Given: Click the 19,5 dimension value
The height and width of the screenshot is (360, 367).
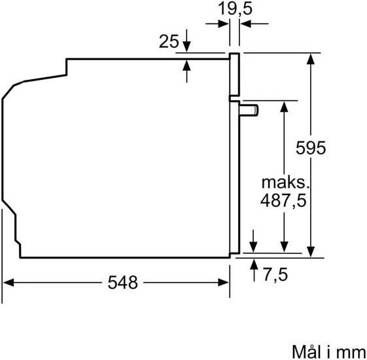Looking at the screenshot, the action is coord(235,9).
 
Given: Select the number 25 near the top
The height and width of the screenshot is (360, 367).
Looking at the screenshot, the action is coord(169,41).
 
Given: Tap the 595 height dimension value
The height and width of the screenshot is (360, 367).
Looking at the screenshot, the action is coord(311,148).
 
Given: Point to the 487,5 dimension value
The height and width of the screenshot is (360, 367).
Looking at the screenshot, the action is coord(283,200).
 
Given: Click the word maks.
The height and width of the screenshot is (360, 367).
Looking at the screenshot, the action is coord(285,183).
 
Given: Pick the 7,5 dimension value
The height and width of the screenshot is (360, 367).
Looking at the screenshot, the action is coord(275,274).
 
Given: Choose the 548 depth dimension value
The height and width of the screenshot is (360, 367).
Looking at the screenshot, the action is coord(122,283).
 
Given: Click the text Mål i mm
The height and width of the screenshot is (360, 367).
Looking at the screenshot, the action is coord(328,351).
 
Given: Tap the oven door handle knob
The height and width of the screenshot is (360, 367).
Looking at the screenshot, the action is coord(249,111).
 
